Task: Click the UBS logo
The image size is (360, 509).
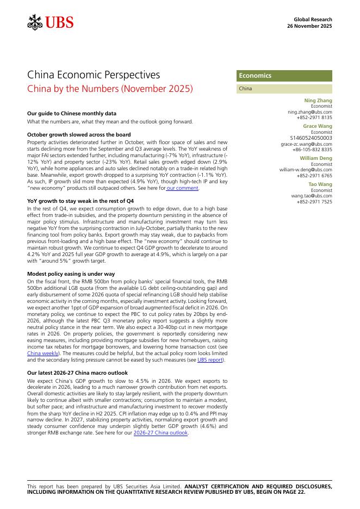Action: [x=50, y=22]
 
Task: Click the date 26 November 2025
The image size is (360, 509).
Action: [x=309, y=26]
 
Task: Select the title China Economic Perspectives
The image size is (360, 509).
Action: [x=93, y=75]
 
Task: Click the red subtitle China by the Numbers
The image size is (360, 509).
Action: [x=110, y=88]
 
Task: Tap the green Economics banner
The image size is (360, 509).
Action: [x=284, y=76]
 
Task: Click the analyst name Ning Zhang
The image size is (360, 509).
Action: [x=318, y=101]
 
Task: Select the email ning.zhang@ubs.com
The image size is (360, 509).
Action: [x=309, y=112]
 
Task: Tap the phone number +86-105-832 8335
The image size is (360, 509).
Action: [x=312, y=149]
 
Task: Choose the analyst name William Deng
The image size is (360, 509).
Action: [x=315, y=158]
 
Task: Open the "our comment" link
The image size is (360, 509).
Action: [x=183, y=188]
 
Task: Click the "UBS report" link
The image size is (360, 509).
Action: [x=209, y=360]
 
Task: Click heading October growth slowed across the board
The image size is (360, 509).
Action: [x=79, y=134]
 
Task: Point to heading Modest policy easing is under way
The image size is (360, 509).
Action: [x=71, y=274]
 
